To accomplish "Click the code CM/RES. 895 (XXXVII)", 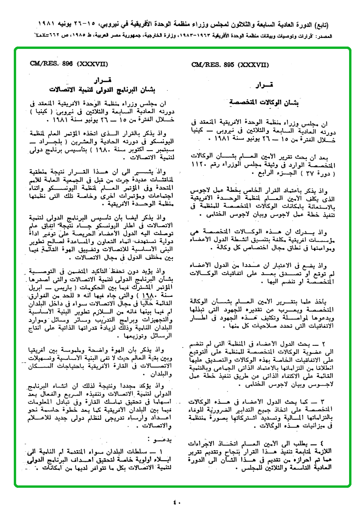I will [x=230, y=65].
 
